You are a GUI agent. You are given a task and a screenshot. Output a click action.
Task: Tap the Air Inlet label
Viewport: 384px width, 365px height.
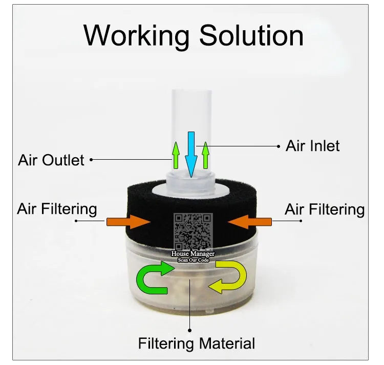pyautogui.click(x=312, y=146)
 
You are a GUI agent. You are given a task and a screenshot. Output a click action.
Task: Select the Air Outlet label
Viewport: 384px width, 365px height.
pyautogui.click(x=51, y=160)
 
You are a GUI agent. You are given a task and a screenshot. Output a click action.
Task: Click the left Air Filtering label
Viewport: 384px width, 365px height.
pyautogui.click(x=57, y=208)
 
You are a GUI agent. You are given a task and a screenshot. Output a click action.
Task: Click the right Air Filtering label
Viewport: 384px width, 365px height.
pyautogui.click(x=325, y=209)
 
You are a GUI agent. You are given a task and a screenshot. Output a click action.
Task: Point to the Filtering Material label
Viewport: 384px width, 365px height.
pyautogui.click(x=196, y=342)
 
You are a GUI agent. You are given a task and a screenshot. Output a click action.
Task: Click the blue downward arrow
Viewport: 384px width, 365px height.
pyautogui.click(x=191, y=154)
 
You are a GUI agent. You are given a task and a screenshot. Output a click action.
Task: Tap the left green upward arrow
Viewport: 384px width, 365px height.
pyautogui.click(x=175, y=156)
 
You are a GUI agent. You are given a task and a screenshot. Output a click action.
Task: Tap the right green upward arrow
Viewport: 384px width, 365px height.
pyautogui.click(x=206, y=156)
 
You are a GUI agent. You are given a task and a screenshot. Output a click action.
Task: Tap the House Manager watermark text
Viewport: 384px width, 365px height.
pyautogui.click(x=193, y=254)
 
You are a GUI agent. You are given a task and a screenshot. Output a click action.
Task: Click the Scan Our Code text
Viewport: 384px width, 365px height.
pyautogui.click(x=193, y=260)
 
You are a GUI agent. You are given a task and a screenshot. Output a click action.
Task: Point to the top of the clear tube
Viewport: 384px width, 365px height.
pyautogui.click(x=190, y=94)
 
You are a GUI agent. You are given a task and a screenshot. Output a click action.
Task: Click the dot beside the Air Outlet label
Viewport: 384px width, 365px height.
pyautogui.click(x=91, y=160)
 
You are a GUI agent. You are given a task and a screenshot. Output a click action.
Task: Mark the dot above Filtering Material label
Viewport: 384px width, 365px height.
pyautogui.click(x=189, y=330)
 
